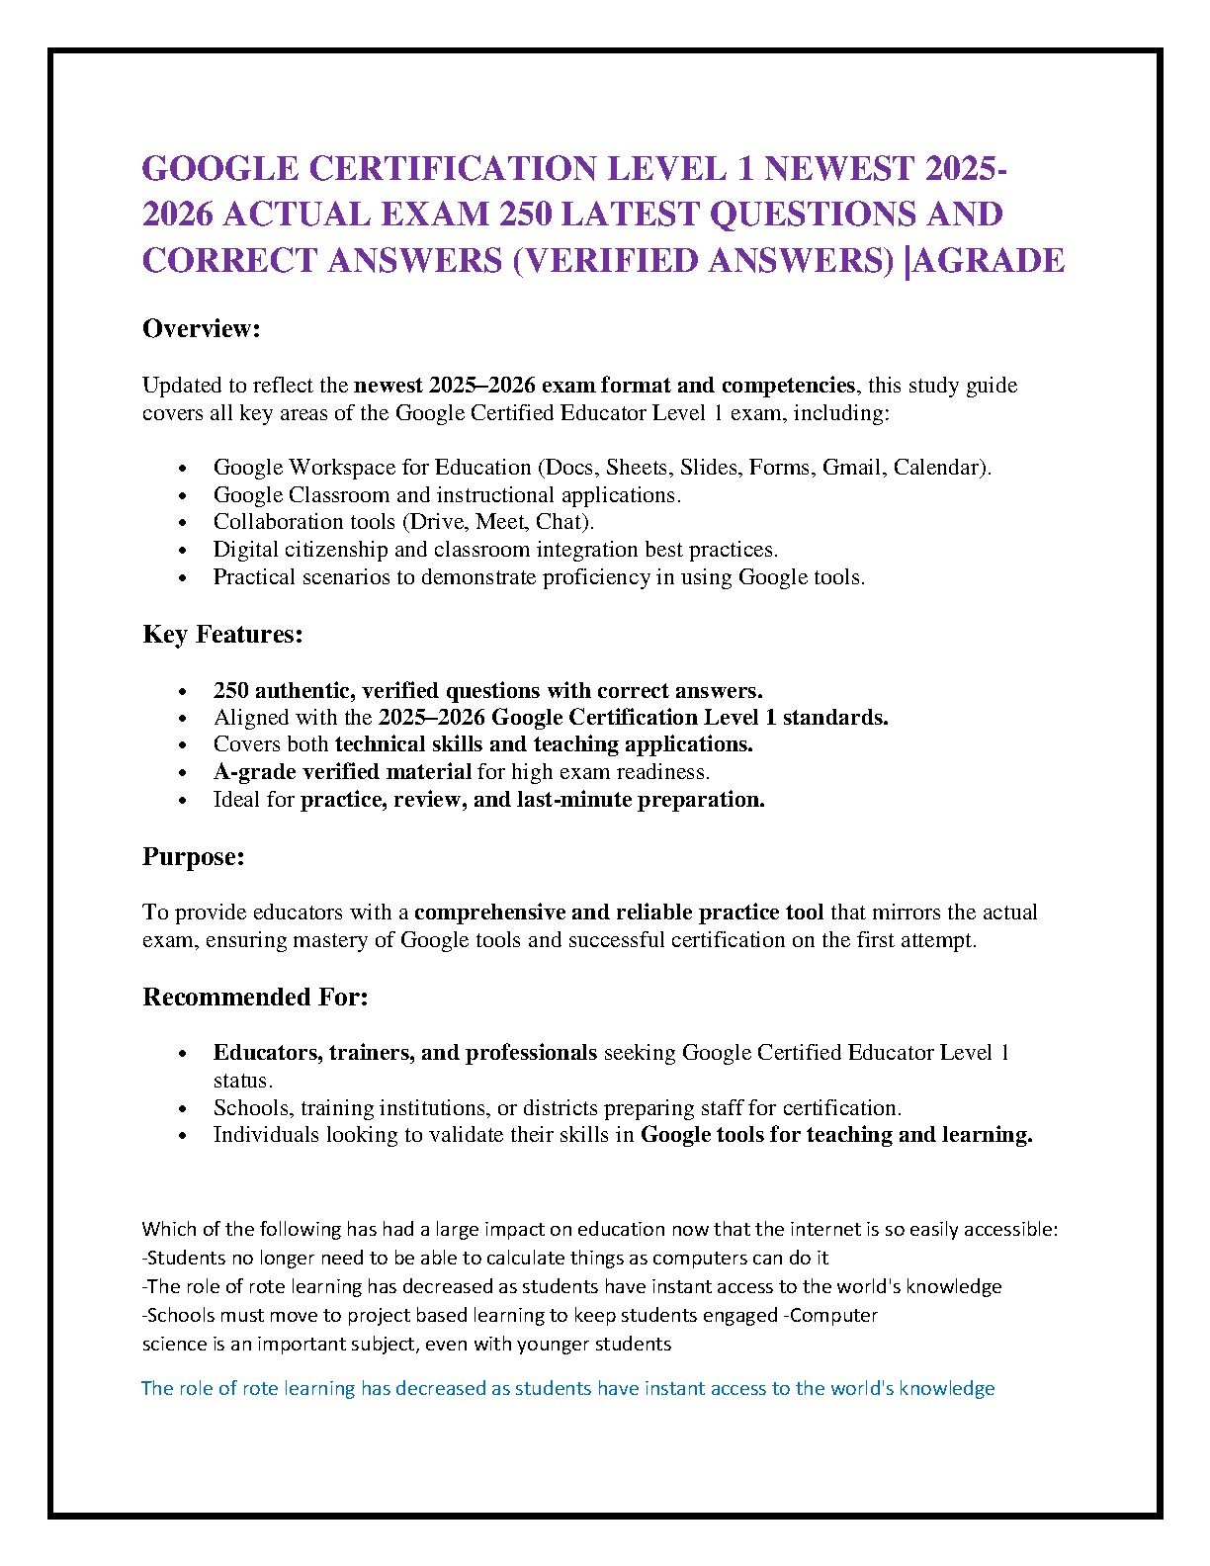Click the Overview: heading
point(201,329)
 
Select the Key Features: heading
point(222,635)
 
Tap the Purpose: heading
point(193,857)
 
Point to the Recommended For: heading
point(255,998)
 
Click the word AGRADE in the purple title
point(990,261)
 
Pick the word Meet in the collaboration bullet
point(501,522)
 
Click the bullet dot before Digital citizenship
point(182,551)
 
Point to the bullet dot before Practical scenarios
point(182,578)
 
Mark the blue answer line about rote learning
point(567,1389)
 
